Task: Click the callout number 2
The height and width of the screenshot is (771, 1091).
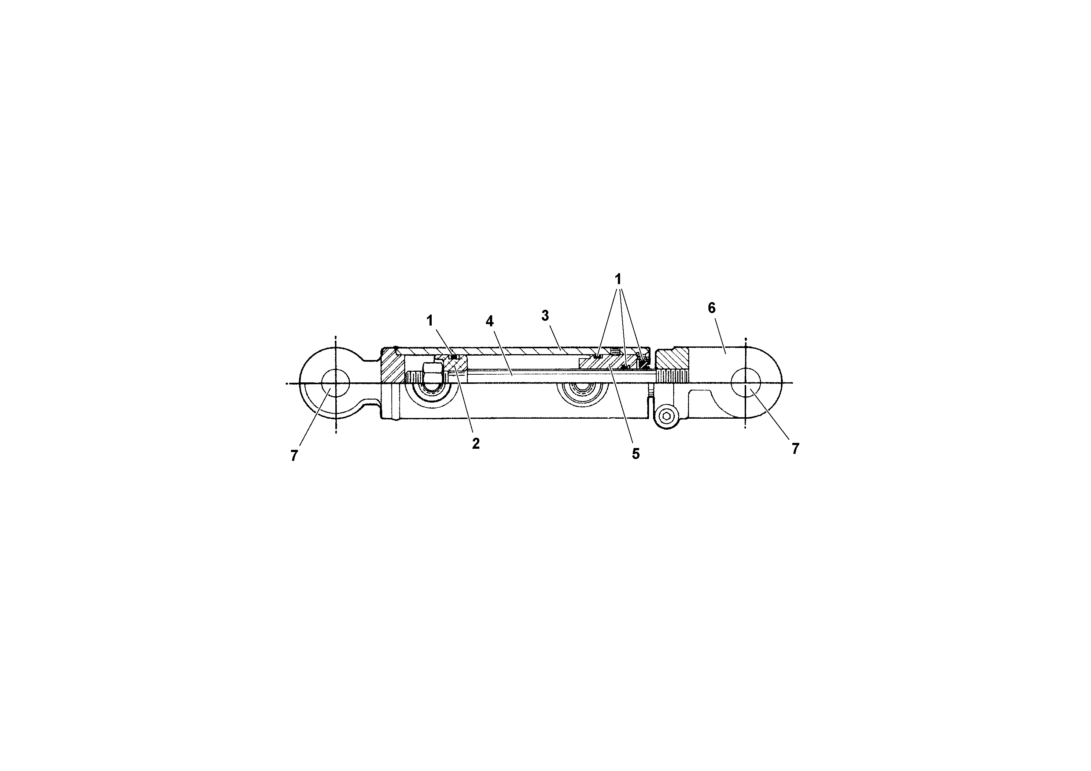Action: [476, 444]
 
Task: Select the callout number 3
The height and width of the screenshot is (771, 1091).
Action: [545, 315]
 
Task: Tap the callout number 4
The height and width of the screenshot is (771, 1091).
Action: [490, 321]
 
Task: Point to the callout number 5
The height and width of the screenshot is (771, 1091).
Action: [635, 454]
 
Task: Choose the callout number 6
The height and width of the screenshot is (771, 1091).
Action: [711, 308]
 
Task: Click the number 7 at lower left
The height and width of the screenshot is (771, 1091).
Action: [294, 455]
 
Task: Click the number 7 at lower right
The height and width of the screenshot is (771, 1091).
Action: [795, 448]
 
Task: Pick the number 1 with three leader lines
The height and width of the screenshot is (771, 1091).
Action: [618, 279]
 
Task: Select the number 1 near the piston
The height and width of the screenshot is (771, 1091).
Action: [430, 321]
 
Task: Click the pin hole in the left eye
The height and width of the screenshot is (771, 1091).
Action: [335, 383]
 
